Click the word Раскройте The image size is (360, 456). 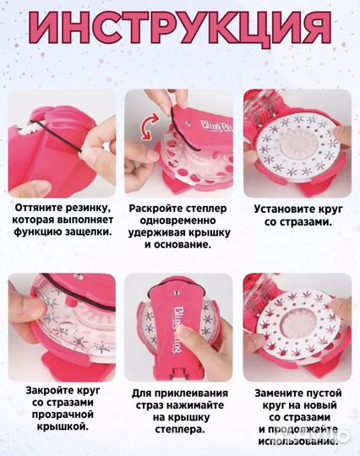point(155,205)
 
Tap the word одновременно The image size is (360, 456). point(172,219)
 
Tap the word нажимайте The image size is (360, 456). point(202,405)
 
